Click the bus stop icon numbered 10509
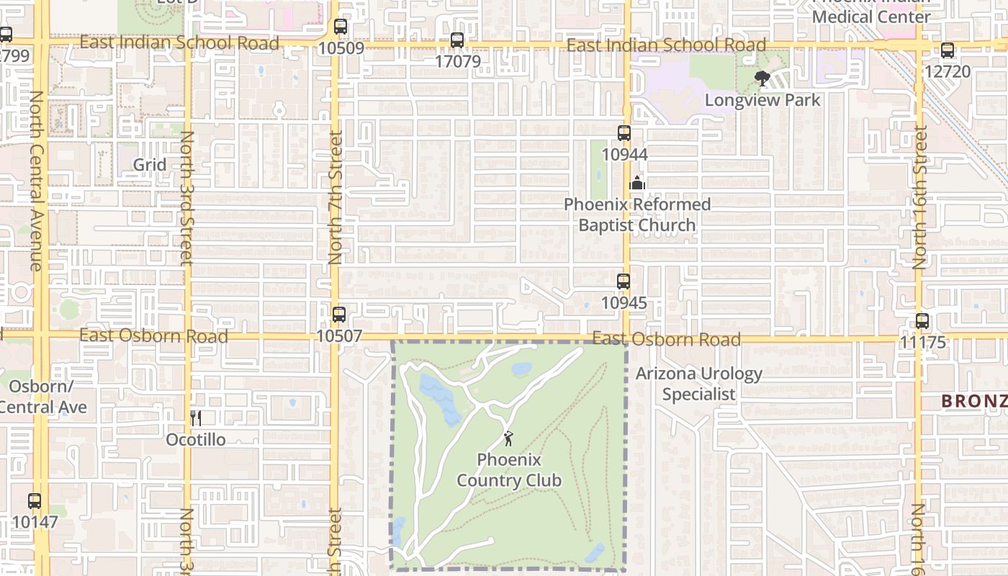pyautogui.click(x=341, y=27)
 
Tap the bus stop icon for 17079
pyautogui.click(x=457, y=40)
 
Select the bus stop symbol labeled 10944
pyautogui.click(x=624, y=133)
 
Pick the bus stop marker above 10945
pyautogui.click(x=624, y=282)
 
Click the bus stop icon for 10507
pyautogui.click(x=339, y=315)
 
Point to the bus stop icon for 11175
pyautogui.click(x=922, y=321)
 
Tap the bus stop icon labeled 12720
pyautogui.click(x=948, y=50)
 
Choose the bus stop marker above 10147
pyautogui.click(x=35, y=501)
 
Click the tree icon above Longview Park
pyautogui.click(x=762, y=78)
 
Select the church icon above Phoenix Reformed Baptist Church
pyautogui.click(x=637, y=183)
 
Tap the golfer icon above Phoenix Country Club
pyautogui.click(x=509, y=438)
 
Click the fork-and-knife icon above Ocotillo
pyautogui.click(x=195, y=418)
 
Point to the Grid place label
pyautogui.click(x=150, y=165)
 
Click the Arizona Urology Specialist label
pyautogui.click(x=699, y=384)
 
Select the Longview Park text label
pyautogui.click(x=762, y=100)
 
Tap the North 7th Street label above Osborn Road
pyautogui.click(x=336, y=197)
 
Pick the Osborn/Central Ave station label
pyautogui.click(x=43, y=397)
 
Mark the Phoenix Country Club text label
pyautogui.click(x=509, y=470)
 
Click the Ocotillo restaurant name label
pyautogui.click(x=196, y=439)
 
